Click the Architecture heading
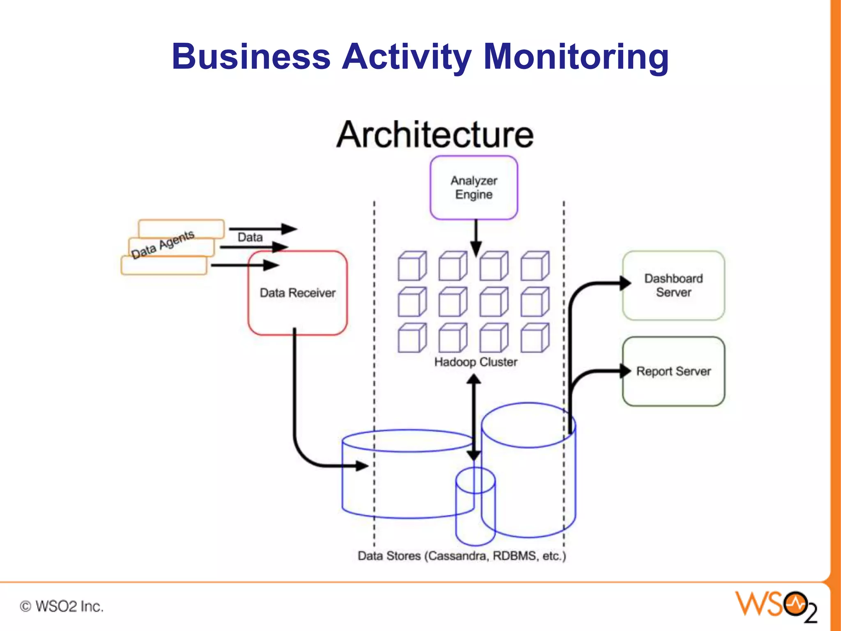[x=434, y=135]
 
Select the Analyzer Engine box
[x=473, y=188]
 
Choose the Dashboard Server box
[x=673, y=286]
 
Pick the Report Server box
[x=673, y=371]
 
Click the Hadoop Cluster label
[x=476, y=362]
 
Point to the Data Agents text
[x=163, y=244]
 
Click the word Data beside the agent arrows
[x=250, y=237]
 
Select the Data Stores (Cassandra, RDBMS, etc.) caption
[x=462, y=556]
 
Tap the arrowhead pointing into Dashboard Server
[x=625, y=283]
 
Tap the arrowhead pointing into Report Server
[x=625, y=371]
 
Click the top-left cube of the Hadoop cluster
[x=412, y=266]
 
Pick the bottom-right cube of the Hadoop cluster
[x=535, y=338]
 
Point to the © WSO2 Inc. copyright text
[x=62, y=606]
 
